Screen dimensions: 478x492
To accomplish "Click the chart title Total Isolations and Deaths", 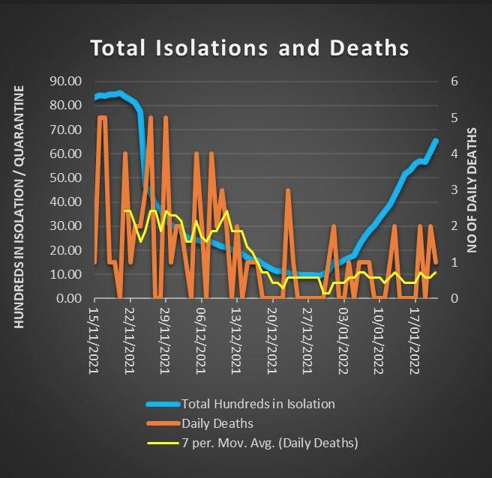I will click(x=250, y=48).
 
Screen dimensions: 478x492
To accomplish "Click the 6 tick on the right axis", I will click(x=454, y=81).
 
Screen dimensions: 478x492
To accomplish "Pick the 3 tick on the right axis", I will click(x=454, y=190).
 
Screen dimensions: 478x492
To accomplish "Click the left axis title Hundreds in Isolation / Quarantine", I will click(x=19, y=206).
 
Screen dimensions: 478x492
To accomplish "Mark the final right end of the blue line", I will click(x=436, y=141).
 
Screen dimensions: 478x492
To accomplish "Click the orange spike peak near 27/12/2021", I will click(x=288, y=190).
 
